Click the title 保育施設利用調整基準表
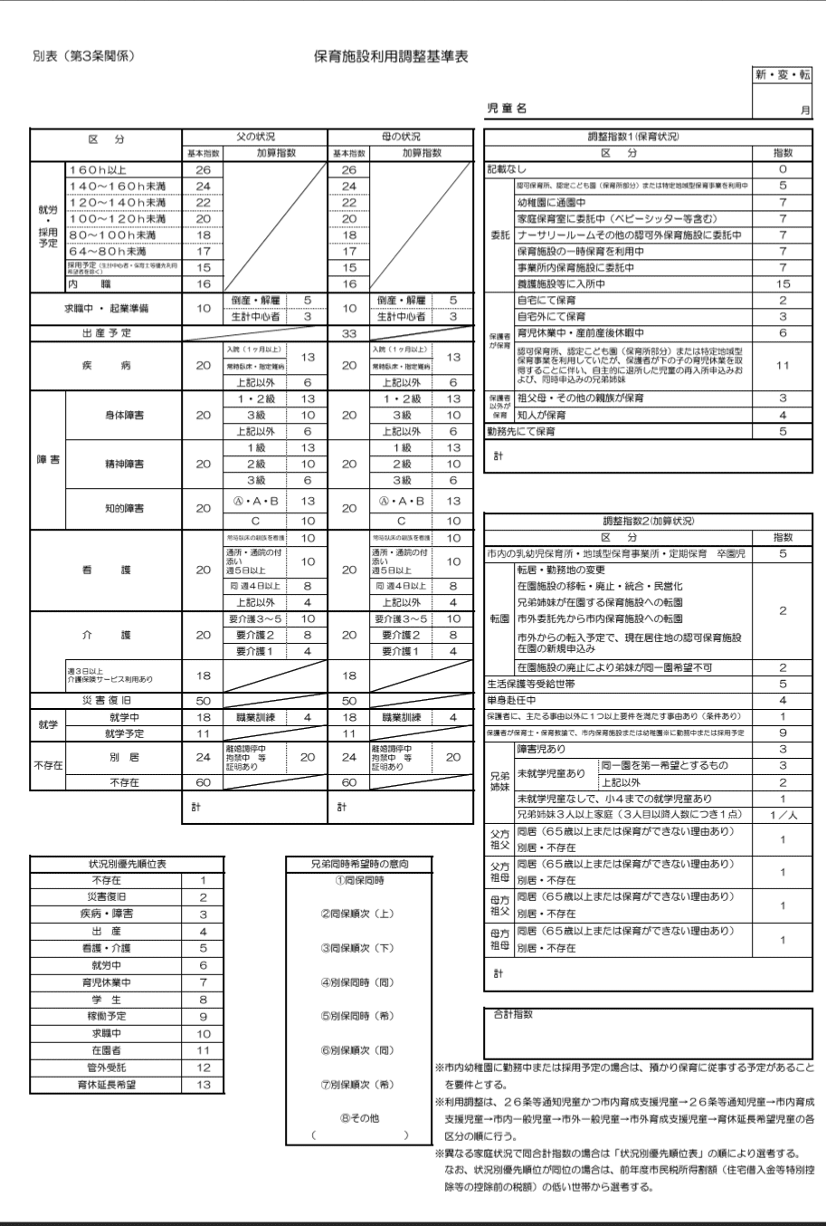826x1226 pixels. pyautogui.click(x=391, y=57)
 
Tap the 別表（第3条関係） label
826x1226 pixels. pyautogui.click(x=84, y=57)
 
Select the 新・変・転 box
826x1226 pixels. pyautogui.click(x=783, y=75)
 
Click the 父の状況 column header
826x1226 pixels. pyautogui.click(x=254, y=137)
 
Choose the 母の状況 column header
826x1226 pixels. pyautogui.click(x=401, y=137)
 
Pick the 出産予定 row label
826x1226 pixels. pyautogui.click(x=107, y=333)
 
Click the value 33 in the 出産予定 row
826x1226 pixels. pyautogui.click(x=349, y=333)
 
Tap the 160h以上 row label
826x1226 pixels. pyautogui.click(x=98, y=170)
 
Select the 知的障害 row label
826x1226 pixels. pyautogui.click(x=125, y=509)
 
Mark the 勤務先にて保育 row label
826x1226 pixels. pyautogui.click(x=521, y=432)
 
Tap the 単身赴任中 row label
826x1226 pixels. pyautogui.click(x=512, y=701)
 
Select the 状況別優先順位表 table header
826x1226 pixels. pyautogui.click(x=125, y=864)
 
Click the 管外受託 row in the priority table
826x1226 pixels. pyautogui.click(x=107, y=1068)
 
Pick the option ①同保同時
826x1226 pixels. pyautogui.click(x=359, y=881)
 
